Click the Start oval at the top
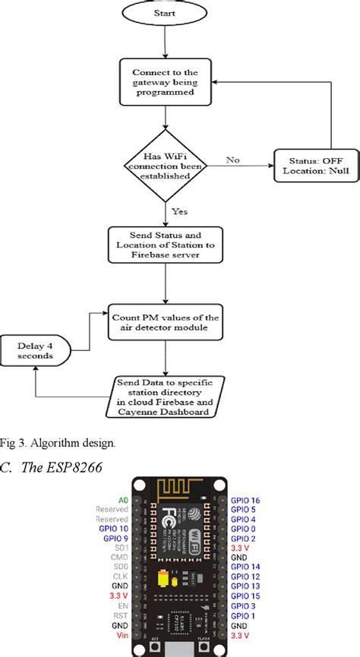point(165,13)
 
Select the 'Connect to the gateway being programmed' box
point(165,82)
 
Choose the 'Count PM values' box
point(165,323)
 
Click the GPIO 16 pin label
point(246,500)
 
